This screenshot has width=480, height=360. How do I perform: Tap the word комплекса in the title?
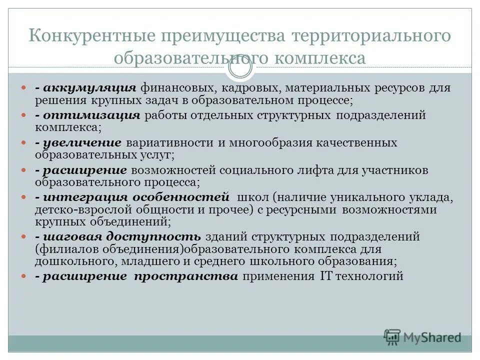pyautogui.click(x=319, y=57)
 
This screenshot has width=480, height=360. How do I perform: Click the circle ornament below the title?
pyautogui.click(x=240, y=69)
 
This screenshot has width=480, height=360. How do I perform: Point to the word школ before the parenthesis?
pyautogui.click(x=254, y=196)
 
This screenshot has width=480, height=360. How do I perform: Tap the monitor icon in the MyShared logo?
pyautogui.click(x=392, y=336)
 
